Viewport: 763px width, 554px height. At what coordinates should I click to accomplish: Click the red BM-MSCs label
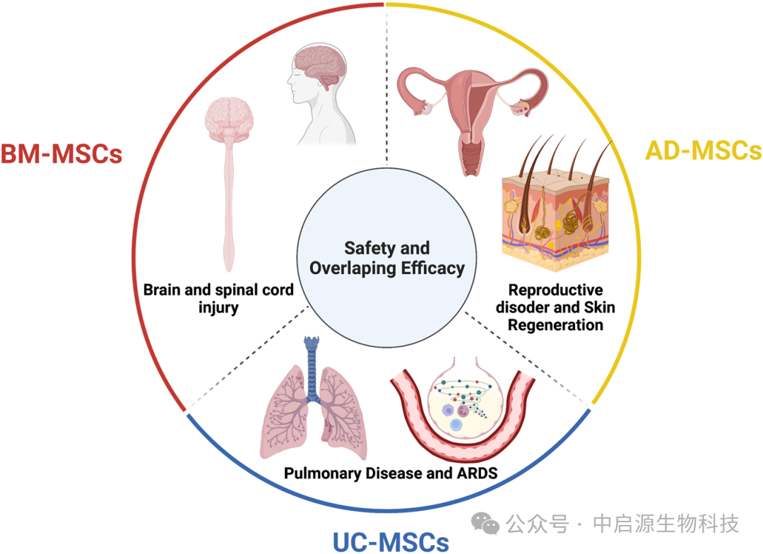pyautogui.click(x=61, y=154)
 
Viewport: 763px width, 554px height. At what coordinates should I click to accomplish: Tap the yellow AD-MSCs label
pyautogui.click(x=704, y=151)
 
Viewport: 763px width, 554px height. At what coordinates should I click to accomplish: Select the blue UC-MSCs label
pyautogui.click(x=391, y=541)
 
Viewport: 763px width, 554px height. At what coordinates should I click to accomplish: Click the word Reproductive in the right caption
pyautogui.click(x=556, y=290)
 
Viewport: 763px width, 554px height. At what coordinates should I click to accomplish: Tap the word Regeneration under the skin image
pyautogui.click(x=556, y=325)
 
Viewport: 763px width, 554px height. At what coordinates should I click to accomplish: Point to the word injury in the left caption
pyautogui.click(x=218, y=307)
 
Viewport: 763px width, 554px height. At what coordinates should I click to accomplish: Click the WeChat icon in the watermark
pyautogui.click(x=485, y=524)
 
